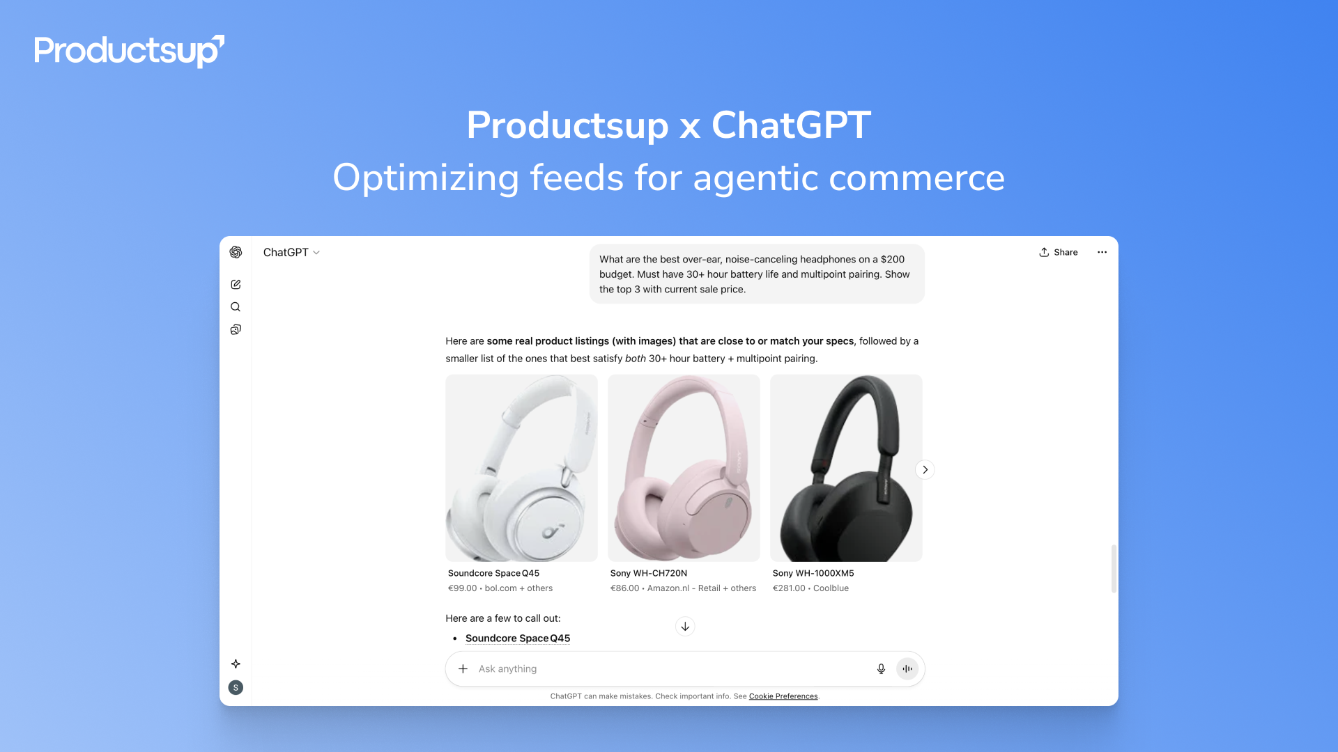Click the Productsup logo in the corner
129,51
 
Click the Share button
1058,252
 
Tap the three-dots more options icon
1102,252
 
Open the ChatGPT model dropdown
291,252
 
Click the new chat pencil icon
236,284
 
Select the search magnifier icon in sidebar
236,307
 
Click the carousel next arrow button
925,469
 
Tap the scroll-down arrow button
685,627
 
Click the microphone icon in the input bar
881,668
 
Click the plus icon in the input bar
463,668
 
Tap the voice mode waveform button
907,668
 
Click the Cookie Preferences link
783,696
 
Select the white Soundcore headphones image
521,468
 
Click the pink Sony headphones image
684,468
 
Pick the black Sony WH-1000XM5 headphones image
846,468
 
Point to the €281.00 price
789,588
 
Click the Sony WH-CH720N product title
649,573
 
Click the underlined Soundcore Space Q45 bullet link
518,638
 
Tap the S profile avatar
236,687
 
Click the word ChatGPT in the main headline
791,125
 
